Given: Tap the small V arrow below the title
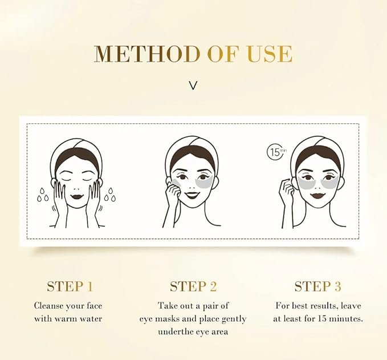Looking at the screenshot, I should click(x=193, y=86).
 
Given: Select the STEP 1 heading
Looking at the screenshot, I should click(x=70, y=286).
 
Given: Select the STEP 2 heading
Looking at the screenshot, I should click(x=193, y=286).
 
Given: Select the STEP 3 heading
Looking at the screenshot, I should click(x=317, y=286).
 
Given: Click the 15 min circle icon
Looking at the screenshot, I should click(x=276, y=152).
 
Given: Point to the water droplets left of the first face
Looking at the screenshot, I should click(x=43, y=194).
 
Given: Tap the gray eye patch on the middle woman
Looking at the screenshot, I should click(x=202, y=183).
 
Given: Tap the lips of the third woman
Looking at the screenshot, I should click(x=317, y=196).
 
